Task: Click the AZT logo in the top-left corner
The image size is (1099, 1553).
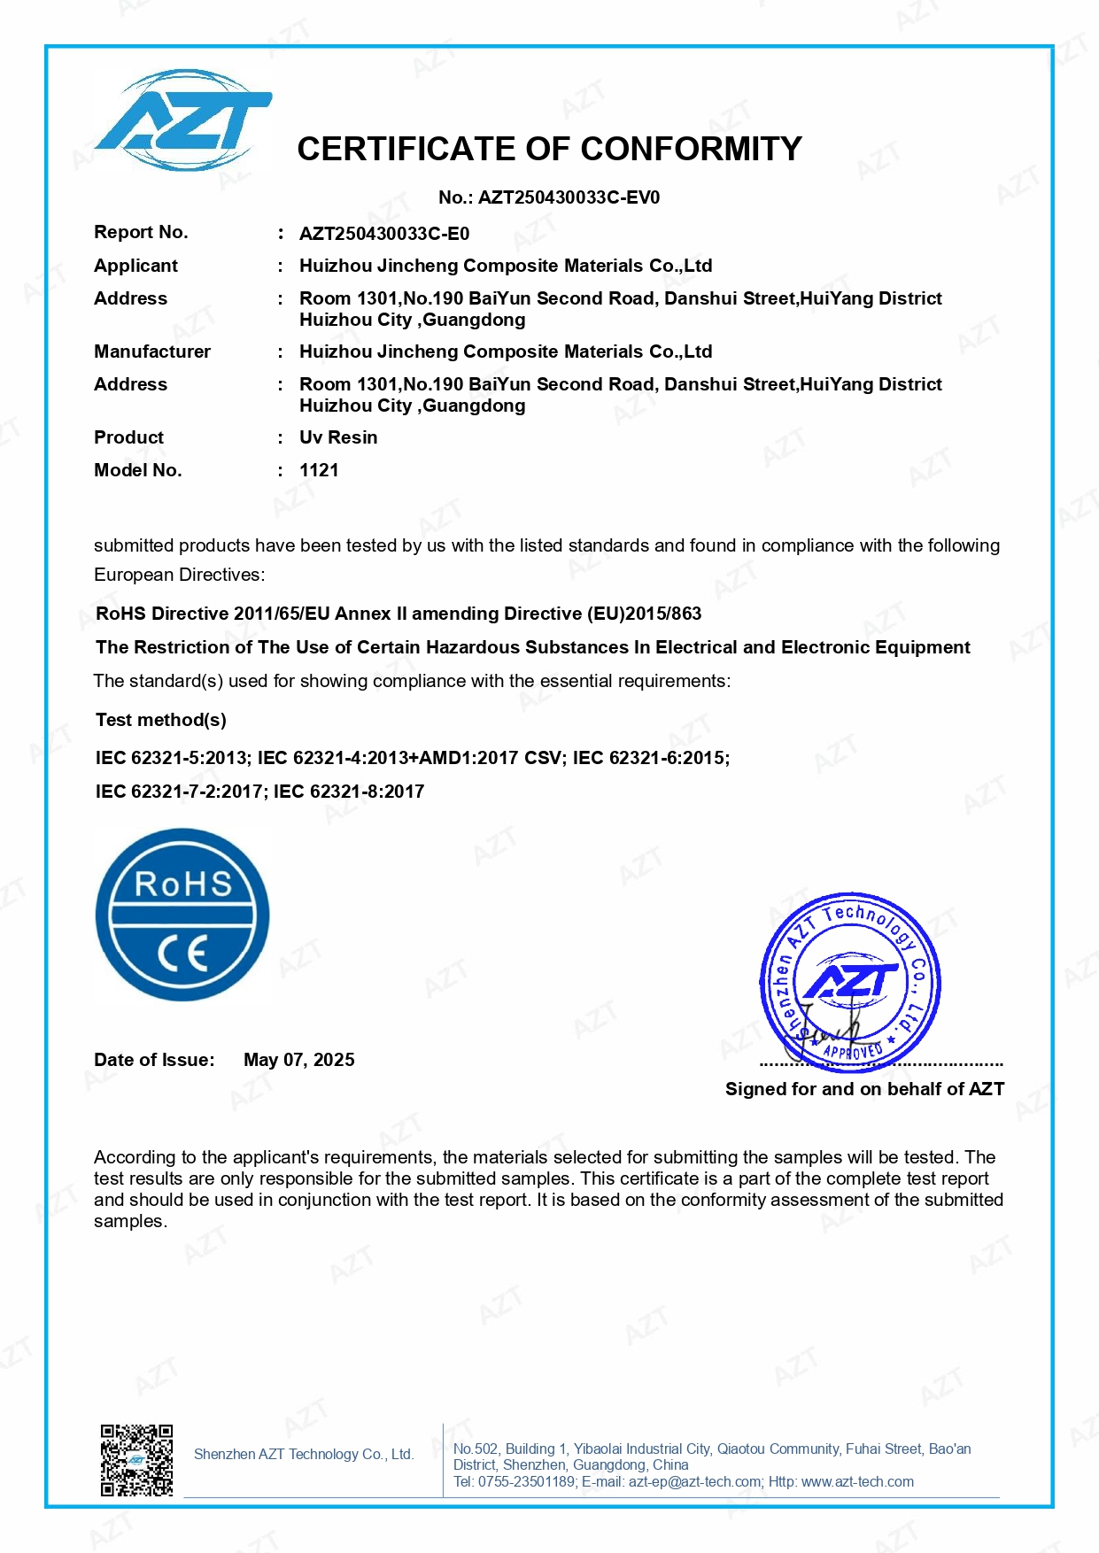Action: click(183, 120)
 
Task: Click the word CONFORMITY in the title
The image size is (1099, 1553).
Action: click(692, 149)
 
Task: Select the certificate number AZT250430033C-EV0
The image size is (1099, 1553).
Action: click(569, 197)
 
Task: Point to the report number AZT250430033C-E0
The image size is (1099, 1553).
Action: click(384, 234)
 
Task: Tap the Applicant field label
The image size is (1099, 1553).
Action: click(135, 266)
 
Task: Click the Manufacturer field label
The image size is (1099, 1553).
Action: click(152, 352)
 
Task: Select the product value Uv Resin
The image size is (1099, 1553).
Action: click(338, 437)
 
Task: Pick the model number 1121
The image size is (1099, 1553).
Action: click(319, 470)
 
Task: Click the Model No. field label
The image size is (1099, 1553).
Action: click(137, 470)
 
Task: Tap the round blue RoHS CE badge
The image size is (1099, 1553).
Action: click(182, 915)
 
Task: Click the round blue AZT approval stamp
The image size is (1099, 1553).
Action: click(850, 982)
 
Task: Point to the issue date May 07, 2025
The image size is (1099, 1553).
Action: click(299, 1060)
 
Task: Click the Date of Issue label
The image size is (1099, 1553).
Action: click(154, 1060)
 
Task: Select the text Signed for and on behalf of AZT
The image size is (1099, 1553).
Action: click(864, 1089)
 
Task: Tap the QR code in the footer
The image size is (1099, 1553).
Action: click(136, 1460)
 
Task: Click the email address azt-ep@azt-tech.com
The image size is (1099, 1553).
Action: click(694, 1481)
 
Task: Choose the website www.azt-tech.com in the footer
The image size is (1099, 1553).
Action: click(857, 1481)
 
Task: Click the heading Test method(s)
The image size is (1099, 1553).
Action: click(161, 720)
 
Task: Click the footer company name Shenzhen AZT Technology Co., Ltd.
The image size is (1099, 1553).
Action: click(304, 1454)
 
